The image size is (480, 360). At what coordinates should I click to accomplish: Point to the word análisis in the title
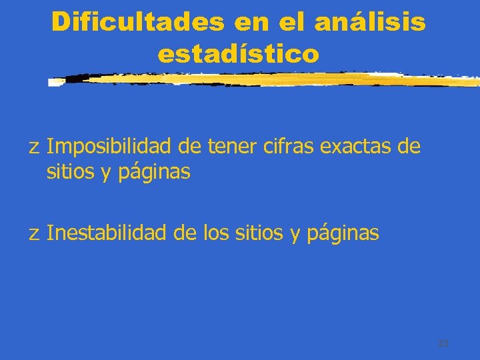pyautogui.click(x=370, y=22)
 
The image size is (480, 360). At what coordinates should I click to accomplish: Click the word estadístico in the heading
pyautogui.click(x=239, y=54)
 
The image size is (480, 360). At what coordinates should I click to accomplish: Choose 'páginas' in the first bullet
pyautogui.click(x=155, y=173)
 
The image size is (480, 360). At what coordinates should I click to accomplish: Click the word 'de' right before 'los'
pyautogui.click(x=185, y=233)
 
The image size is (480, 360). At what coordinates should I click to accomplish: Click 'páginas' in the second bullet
pyautogui.click(x=343, y=234)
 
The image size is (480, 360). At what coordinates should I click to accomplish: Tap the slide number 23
pyautogui.click(x=443, y=344)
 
